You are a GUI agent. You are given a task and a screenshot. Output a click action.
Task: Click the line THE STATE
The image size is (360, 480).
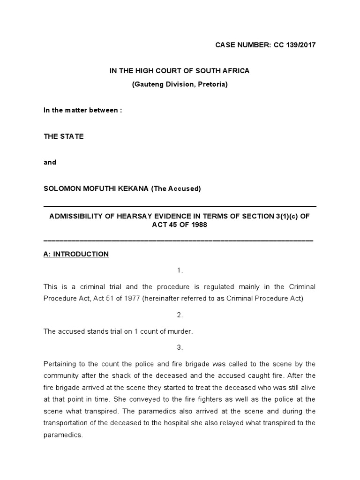coord(63,136)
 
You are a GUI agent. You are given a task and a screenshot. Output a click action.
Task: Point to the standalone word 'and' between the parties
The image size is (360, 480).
coord(50,162)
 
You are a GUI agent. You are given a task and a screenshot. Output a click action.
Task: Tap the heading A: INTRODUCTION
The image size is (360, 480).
coord(76,254)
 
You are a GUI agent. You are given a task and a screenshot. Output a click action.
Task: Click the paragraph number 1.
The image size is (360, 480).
coord(180,270)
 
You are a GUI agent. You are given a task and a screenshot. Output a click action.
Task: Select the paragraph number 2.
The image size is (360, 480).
coord(180,315)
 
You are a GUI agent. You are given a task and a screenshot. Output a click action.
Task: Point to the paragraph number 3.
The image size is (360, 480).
coord(180,347)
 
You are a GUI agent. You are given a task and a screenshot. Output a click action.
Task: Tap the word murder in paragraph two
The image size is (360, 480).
coord(179,331)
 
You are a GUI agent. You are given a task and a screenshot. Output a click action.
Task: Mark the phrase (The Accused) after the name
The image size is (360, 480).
coord(176,188)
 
